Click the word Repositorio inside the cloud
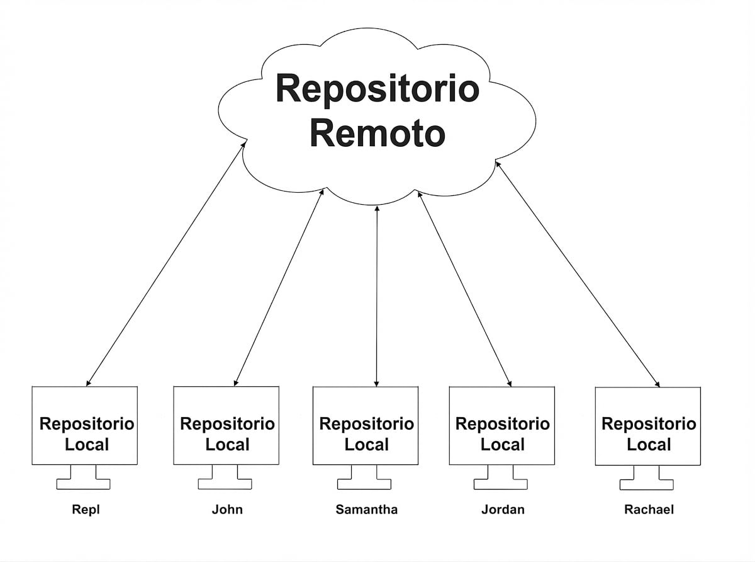tap(377, 89)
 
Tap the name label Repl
tap(86, 510)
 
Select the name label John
tap(227, 510)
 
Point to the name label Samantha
tap(367, 510)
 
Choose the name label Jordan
tap(503, 510)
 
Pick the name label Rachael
tap(649, 510)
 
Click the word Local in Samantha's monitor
tap(367, 445)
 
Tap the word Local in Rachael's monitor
tap(649, 445)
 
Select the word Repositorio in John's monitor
tap(227, 425)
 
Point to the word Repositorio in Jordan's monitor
tap(503, 425)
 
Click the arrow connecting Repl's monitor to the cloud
tap(165, 264)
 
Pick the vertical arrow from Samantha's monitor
tap(376, 296)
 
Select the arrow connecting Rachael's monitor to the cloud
tap(578, 274)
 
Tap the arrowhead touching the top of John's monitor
tap(235, 382)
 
